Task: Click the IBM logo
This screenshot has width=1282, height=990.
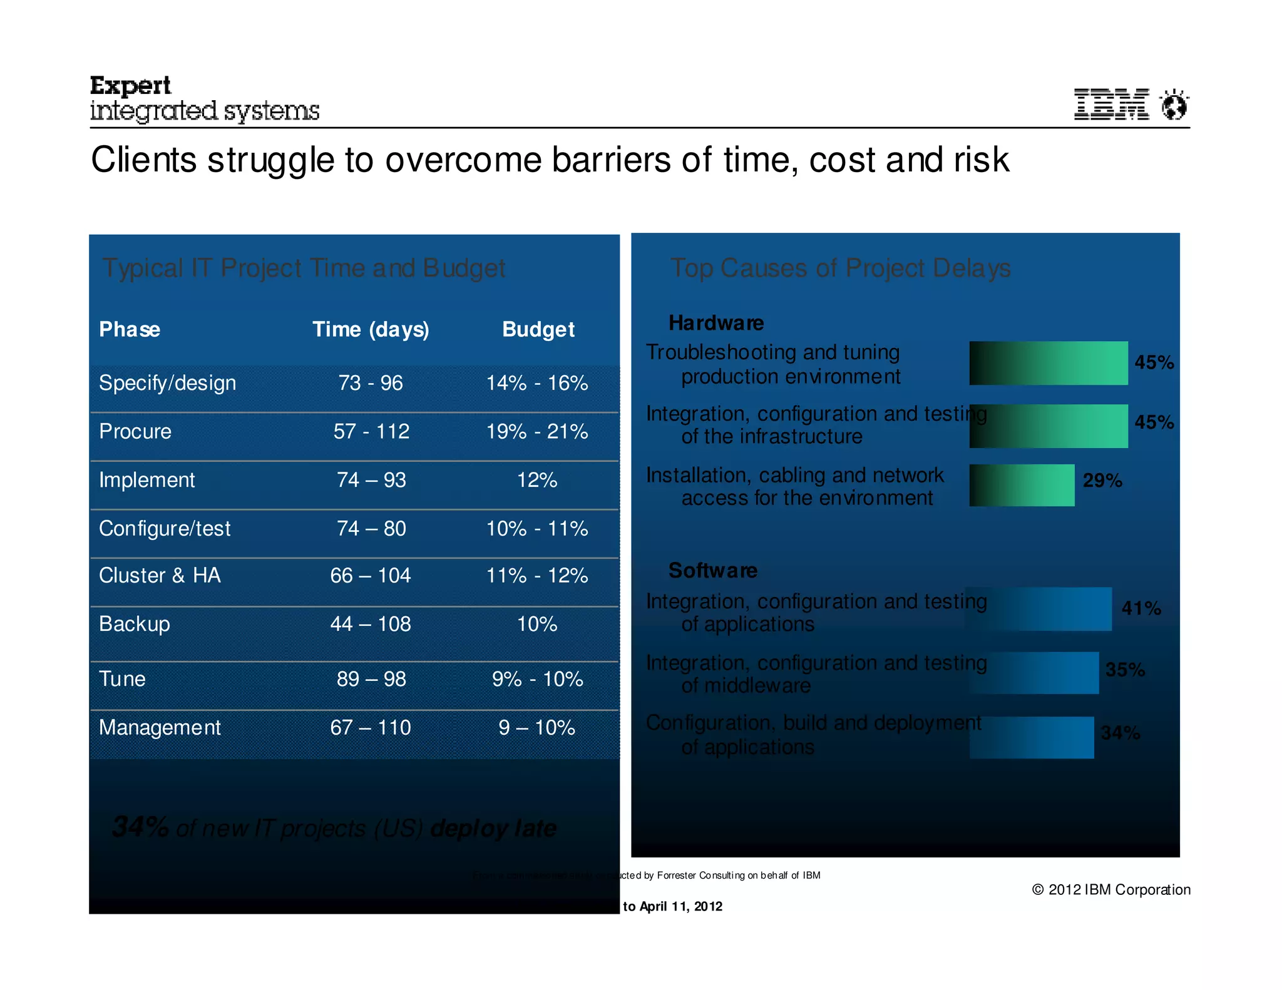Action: click(x=1111, y=105)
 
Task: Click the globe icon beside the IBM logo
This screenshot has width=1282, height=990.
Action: click(x=1174, y=105)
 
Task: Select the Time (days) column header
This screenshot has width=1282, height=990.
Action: click(x=371, y=329)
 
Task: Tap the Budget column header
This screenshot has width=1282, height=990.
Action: click(x=538, y=329)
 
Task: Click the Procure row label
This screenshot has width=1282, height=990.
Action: click(x=135, y=431)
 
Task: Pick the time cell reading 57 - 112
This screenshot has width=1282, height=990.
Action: click(x=371, y=431)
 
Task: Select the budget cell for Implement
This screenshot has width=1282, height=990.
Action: click(x=537, y=480)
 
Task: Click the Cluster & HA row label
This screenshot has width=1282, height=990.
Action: click(x=160, y=575)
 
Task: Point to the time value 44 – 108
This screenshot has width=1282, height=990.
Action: click(x=371, y=624)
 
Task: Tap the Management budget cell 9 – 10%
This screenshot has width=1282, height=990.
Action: click(x=537, y=727)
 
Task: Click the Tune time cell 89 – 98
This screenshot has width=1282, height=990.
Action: click(x=371, y=679)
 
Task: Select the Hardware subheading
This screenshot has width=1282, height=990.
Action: click(x=716, y=323)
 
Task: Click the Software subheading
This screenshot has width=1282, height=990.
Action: click(x=713, y=570)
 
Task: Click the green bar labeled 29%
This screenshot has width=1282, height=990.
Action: click(x=1022, y=485)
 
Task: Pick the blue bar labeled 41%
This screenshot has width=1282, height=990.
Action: click(x=1039, y=609)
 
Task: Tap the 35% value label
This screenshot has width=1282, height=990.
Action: click(x=1125, y=670)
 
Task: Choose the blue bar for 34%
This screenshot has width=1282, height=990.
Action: click(x=1032, y=738)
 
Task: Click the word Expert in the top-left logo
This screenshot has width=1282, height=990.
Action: click(x=130, y=86)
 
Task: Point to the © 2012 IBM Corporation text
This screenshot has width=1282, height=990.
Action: click(x=1111, y=889)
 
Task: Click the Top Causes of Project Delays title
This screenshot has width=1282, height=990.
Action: click(x=840, y=268)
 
